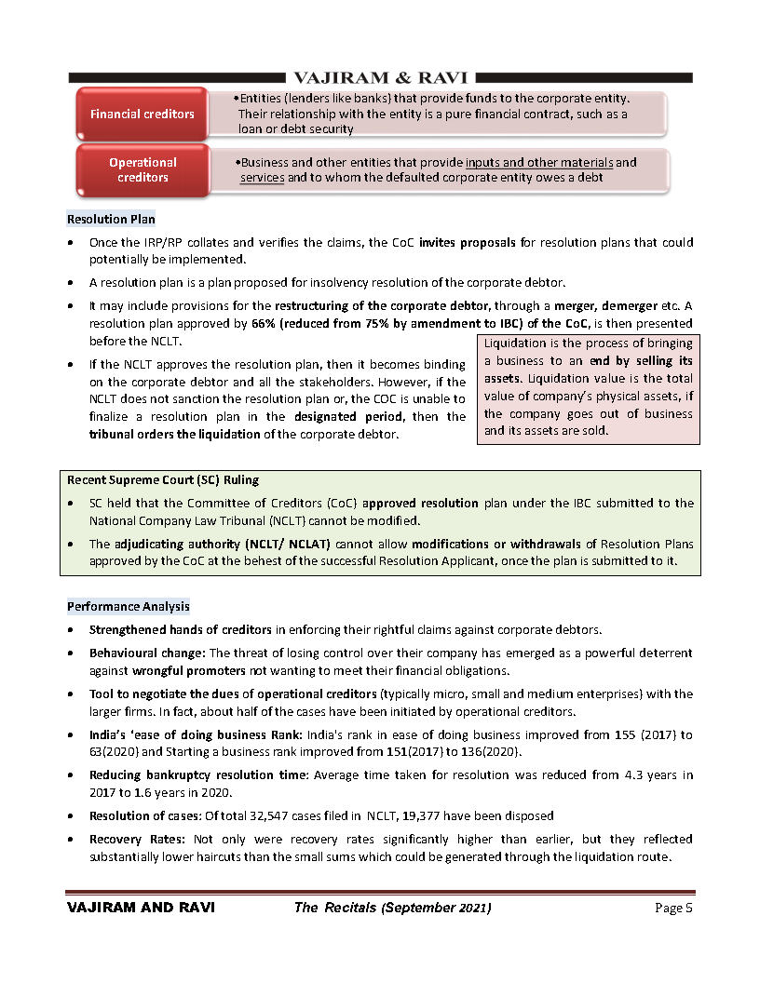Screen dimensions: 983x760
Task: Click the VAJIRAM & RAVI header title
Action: tap(380, 77)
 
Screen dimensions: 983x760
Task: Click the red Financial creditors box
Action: tap(142, 114)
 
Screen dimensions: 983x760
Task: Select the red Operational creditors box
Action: tap(142, 169)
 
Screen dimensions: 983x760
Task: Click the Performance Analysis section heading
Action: tap(128, 606)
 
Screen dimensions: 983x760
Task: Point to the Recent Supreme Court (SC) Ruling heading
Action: tap(163, 480)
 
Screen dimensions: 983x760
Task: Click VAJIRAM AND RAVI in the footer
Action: tap(132, 908)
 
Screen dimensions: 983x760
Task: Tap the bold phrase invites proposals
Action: tap(468, 243)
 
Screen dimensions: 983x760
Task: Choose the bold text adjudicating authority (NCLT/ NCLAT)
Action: tap(224, 544)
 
